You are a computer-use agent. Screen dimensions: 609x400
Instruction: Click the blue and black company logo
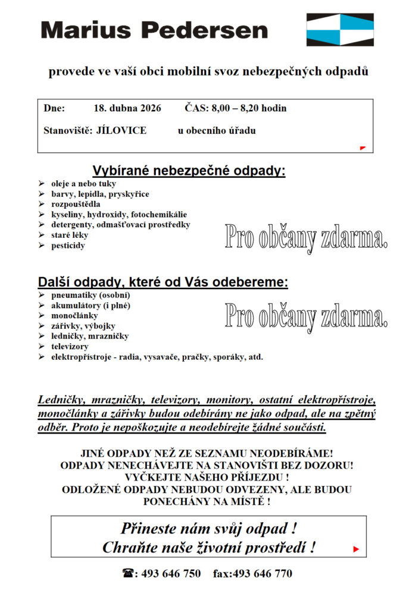pyautogui.click(x=340, y=30)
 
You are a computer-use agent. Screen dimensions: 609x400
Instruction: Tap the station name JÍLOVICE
pyautogui.click(x=121, y=130)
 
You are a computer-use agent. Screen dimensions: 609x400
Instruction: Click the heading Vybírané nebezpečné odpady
pyautogui.click(x=189, y=171)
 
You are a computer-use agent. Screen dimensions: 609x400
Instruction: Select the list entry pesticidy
pyautogui.click(x=67, y=245)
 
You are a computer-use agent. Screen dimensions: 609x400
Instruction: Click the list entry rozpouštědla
pyautogui.click(x=76, y=204)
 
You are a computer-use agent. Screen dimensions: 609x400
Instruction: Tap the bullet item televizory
pyautogui.click(x=70, y=346)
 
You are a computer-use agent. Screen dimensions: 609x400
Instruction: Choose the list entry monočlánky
pyautogui.click(x=74, y=316)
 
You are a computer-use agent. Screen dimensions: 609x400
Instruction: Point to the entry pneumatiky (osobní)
pyautogui.click(x=90, y=295)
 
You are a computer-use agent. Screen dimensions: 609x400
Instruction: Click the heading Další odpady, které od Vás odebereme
pyautogui.click(x=163, y=282)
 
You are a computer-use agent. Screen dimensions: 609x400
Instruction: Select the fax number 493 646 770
pyautogui.click(x=262, y=574)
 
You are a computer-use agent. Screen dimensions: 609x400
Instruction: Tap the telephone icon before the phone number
pyautogui.click(x=127, y=574)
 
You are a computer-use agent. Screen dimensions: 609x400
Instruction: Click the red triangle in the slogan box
pyautogui.click(x=356, y=549)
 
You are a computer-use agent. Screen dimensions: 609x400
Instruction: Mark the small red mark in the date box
pyautogui.click(x=362, y=147)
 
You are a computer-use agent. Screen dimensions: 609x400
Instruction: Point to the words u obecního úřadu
pyautogui.click(x=217, y=130)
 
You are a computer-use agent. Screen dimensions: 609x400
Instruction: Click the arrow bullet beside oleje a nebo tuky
pyautogui.click(x=41, y=184)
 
